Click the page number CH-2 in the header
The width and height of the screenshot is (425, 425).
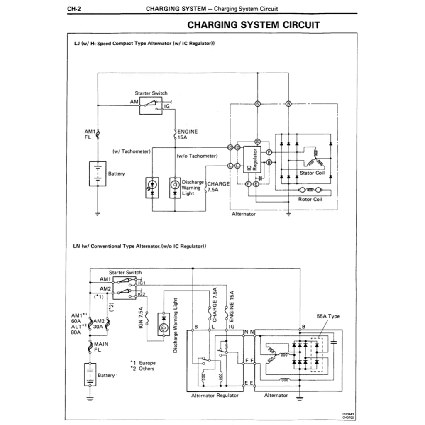(73, 9)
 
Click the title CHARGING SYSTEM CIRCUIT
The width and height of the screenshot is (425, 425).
(254, 24)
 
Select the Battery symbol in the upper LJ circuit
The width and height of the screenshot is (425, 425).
(98, 173)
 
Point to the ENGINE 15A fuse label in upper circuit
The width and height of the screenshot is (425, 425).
(188, 134)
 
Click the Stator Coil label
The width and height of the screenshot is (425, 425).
(312, 173)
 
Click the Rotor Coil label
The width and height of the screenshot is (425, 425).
(310, 200)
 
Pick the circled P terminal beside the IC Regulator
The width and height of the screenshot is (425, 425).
(269, 152)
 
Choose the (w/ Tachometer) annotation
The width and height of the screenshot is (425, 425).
(131, 151)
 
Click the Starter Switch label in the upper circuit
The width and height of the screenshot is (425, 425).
(151, 93)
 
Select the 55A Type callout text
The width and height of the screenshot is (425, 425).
(328, 316)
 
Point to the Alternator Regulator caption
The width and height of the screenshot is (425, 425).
(215, 396)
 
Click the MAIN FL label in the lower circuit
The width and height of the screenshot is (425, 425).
(101, 347)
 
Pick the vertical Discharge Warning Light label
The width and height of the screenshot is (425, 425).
(176, 325)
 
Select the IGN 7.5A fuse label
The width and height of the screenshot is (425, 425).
(141, 319)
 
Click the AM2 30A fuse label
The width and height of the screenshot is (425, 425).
(99, 324)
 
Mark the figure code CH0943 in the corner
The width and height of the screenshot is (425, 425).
(348, 414)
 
